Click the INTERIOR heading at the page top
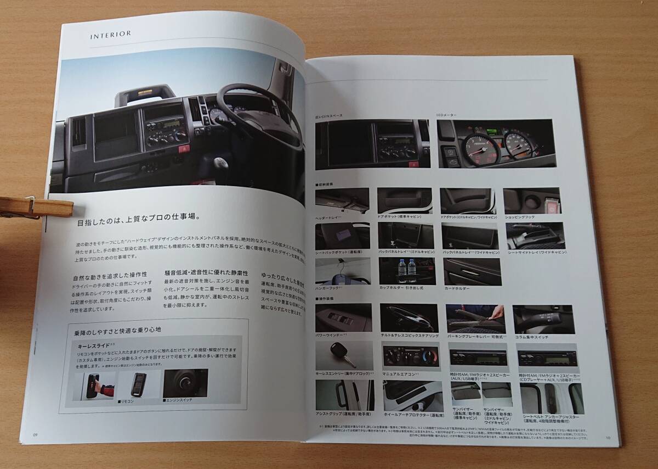point(111,34)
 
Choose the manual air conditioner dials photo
point(411,356)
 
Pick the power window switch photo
point(344,317)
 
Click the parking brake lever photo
point(475,318)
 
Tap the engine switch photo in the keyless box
point(185,383)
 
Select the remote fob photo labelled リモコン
point(139,384)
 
